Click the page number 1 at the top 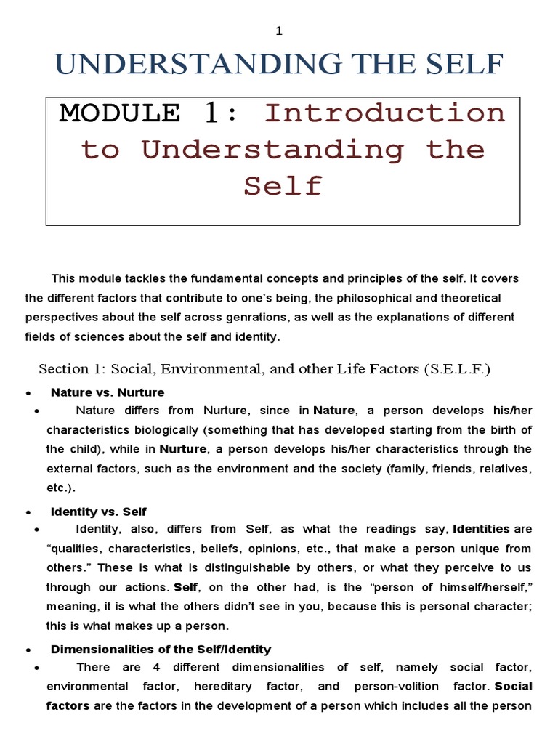[278, 31]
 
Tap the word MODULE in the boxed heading [121, 113]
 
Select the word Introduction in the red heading [384, 113]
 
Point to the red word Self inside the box [283, 186]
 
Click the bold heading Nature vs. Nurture [108, 392]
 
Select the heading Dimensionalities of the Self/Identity [161, 649]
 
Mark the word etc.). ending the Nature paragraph [61, 487]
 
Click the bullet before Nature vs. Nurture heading [28, 393]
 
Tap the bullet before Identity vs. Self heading [28, 512]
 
